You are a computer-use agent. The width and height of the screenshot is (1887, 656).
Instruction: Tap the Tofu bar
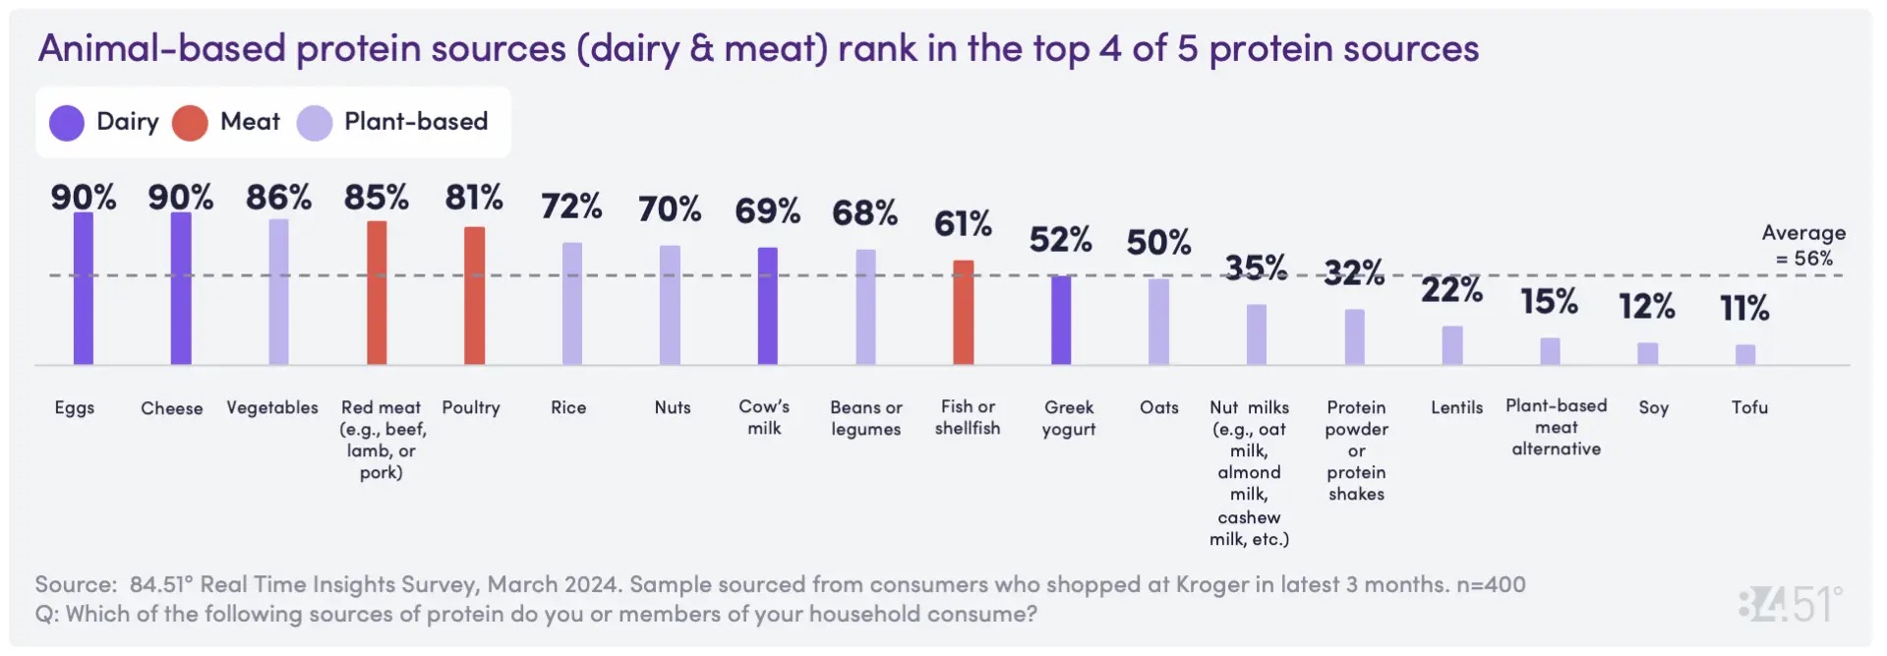pyautogui.click(x=1744, y=354)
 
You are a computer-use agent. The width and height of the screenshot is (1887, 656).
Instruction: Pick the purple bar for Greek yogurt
pyautogui.click(x=1060, y=320)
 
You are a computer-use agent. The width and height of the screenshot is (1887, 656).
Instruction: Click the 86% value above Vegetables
pyautogui.click(x=278, y=198)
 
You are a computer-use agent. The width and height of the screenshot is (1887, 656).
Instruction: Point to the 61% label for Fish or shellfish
pyautogui.click(x=963, y=224)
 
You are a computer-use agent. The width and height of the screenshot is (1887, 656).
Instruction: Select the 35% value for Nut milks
pyautogui.click(x=1256, y=268)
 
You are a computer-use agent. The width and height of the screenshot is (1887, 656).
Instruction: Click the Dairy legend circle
pyautogui.click(x=67, y=123)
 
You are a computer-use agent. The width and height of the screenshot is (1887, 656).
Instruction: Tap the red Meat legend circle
pyautogui.click(x=190, y=123)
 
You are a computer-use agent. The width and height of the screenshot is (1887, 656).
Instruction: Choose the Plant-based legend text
pyautogui.click(x=415, y=122)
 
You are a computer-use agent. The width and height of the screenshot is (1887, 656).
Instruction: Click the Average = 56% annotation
pyautogui.click(x=1803, y=246)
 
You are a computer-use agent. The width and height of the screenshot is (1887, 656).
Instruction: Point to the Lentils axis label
pyautogui.click(x=1456, y=407)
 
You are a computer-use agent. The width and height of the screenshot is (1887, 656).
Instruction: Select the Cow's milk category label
pyautogui.click(x=764, y=417)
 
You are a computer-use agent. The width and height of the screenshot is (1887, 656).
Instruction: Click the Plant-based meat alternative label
pyautogui.click(x=1556, y=427)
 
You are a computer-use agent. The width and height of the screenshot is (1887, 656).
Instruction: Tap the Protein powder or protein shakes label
pyautogui.click(x=1356, y=450)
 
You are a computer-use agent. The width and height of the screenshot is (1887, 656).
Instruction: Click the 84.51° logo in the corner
pyautogui.click(x=1790, y=603)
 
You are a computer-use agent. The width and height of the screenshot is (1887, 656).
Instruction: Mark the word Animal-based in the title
pyautogui.click(x=161, y=48)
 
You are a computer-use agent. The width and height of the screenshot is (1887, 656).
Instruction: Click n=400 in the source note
pyautogui.click(x=1491, y=584)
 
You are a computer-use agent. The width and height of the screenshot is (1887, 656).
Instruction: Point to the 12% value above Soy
pyautogui.click(x=1647, y=307)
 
